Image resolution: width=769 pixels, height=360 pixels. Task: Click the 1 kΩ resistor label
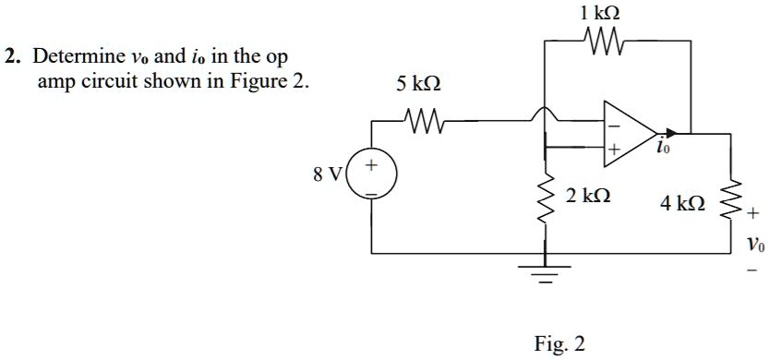(x=601, y=14)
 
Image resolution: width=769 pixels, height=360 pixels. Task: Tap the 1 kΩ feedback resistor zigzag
(x=601, y=41)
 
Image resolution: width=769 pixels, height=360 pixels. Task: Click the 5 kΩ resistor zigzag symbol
(x=422, y=119)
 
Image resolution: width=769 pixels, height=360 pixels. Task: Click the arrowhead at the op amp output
(x=672, y=133)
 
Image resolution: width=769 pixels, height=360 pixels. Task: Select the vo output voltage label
(x=755, y=245)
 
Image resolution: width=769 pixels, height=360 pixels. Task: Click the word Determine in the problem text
(x=72, y=57)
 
